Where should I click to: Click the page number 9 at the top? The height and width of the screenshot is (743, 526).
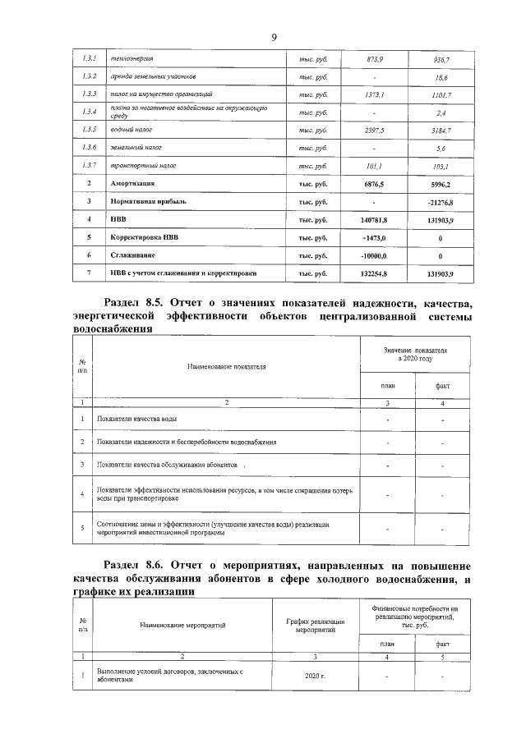tap(273, 37)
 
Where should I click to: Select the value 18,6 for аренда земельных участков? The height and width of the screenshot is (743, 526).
tap(441, 78)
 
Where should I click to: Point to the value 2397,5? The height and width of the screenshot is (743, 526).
tap(374, 131)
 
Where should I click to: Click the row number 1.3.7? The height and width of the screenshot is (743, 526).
tap(90, 166)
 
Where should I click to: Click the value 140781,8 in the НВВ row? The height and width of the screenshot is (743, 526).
tap(374, 219)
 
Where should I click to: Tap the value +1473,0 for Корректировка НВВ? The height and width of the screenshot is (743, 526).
tap(374, 237)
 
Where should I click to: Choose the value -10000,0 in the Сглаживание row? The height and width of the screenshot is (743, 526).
tap(374, 255)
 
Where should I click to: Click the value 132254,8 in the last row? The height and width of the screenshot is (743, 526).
tap(374, 273)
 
